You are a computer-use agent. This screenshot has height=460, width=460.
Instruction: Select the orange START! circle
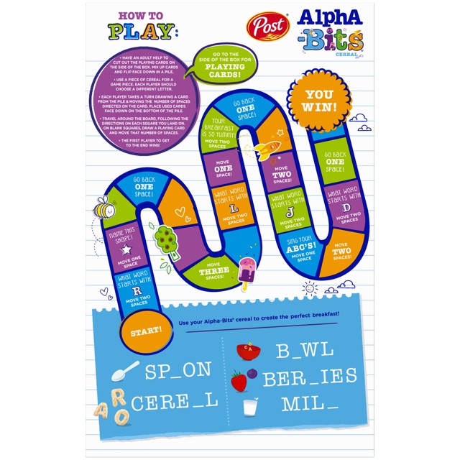tap(146, 331)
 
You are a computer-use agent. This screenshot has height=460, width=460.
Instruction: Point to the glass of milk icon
tap(249, 405)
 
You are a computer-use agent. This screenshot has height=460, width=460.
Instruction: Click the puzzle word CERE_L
tap(181, 401)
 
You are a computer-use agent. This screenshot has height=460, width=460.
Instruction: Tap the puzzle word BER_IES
tap(310, 377)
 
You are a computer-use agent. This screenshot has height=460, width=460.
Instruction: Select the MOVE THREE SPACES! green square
tap(215, 271)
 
